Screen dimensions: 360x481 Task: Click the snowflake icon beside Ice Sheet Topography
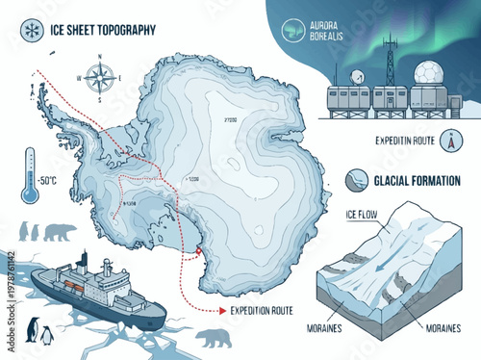tap(16, 28)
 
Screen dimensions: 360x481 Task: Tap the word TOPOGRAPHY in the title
tap(122, 30)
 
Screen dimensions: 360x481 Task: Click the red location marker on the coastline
tap(197, 253)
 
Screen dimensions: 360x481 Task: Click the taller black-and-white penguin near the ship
tap(31, 330)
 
